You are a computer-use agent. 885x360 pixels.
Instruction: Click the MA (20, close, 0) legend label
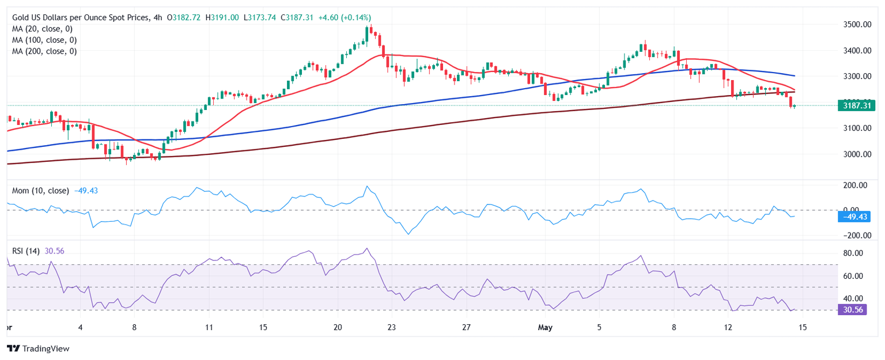[44, 29]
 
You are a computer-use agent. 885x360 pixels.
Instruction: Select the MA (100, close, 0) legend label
[44, 40]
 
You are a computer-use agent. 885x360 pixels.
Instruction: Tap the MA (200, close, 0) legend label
[44, 51]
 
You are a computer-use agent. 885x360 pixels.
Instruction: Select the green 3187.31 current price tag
[856, 105]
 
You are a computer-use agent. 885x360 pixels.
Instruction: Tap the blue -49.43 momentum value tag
[856, 217]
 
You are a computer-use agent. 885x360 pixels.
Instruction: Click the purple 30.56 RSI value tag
[856, 309]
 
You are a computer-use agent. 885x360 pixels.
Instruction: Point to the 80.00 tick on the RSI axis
[853, 253]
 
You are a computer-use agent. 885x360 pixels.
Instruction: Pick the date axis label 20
[338, 328]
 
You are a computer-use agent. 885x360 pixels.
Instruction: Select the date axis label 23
[391, 328]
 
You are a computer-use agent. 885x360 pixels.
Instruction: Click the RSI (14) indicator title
[27, 251]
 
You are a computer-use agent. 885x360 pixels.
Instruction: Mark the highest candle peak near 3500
[370, 25]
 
